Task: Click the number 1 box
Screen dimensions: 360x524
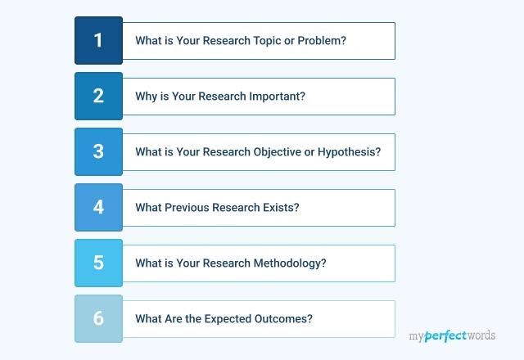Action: [98, 40]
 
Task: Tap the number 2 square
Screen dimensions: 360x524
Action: [98, 96]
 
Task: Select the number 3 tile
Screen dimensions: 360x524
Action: [98, 151]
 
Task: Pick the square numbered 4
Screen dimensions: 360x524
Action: [98, 207]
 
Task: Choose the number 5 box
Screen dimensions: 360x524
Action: [98, 263]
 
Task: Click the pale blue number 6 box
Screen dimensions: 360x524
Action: [98, 318]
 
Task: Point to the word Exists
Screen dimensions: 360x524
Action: [280, 208]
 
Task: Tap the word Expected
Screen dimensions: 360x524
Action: [234, 319]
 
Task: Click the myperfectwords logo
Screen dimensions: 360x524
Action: [452, 335]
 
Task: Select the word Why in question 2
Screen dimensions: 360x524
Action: [146, 97]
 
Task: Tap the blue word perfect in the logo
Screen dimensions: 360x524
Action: [448, 335]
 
